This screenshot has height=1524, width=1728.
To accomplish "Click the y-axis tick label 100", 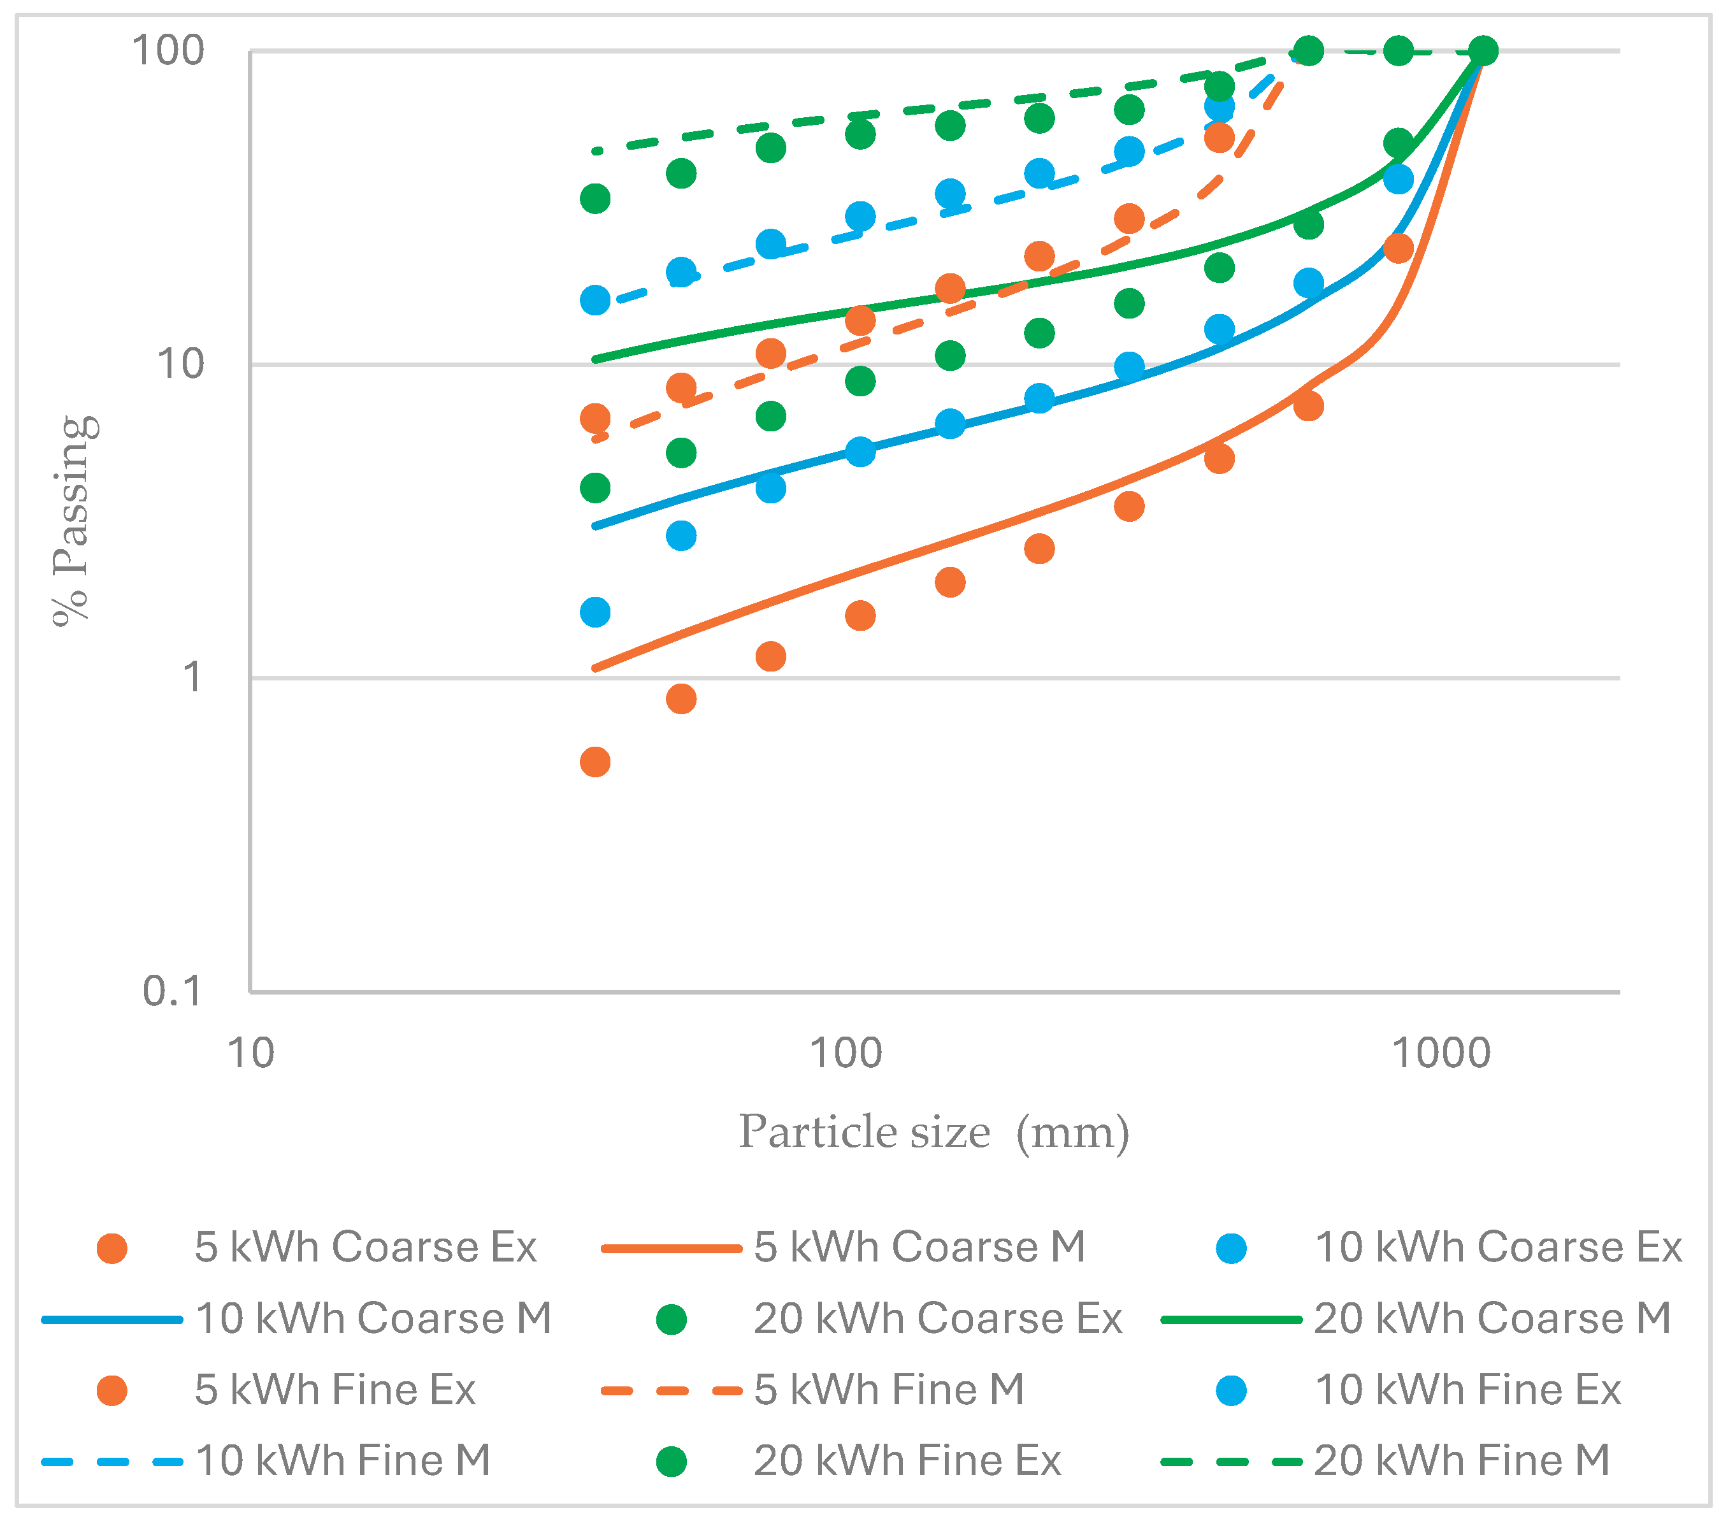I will [168, 51].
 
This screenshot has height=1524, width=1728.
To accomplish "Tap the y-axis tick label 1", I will [193, 677].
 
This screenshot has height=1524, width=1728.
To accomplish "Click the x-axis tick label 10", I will [251, 1054].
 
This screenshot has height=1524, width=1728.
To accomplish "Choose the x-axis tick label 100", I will [846, 1054].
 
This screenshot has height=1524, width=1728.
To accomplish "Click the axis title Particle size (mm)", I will [934, 1132].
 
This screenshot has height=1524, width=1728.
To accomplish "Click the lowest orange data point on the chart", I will [595, 761].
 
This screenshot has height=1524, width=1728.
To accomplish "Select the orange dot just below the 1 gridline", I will [680, 699].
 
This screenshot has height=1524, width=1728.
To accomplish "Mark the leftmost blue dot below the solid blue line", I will [595, 612].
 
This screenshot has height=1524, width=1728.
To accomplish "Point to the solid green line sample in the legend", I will [1231, 1319].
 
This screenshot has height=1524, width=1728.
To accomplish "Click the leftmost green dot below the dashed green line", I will [595, 199].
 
